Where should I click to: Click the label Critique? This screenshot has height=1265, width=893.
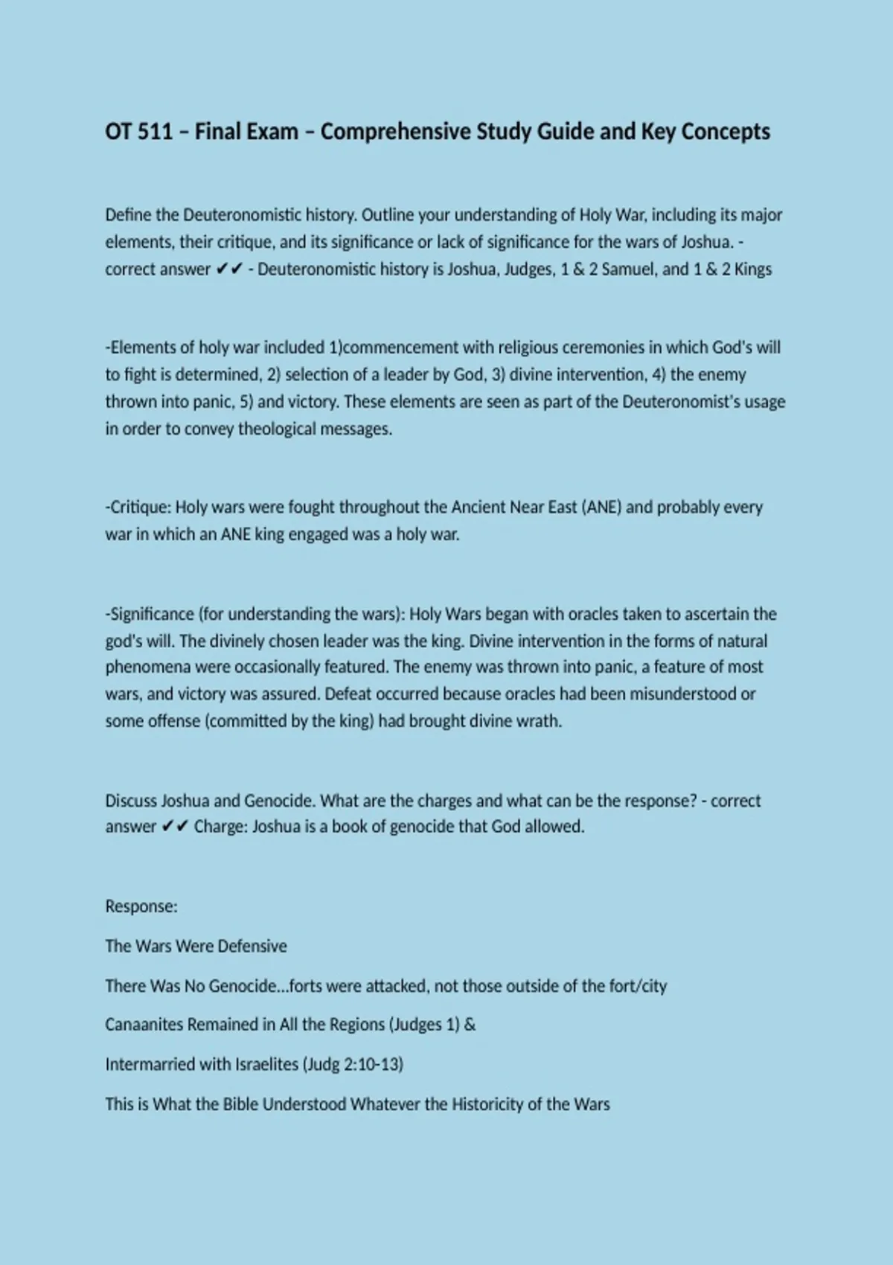138,507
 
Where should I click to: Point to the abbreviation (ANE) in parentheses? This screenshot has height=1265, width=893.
601,507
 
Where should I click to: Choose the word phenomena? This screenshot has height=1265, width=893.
148,667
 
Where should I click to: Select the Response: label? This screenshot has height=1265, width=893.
141,906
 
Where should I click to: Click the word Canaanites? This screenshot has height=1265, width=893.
144,1025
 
